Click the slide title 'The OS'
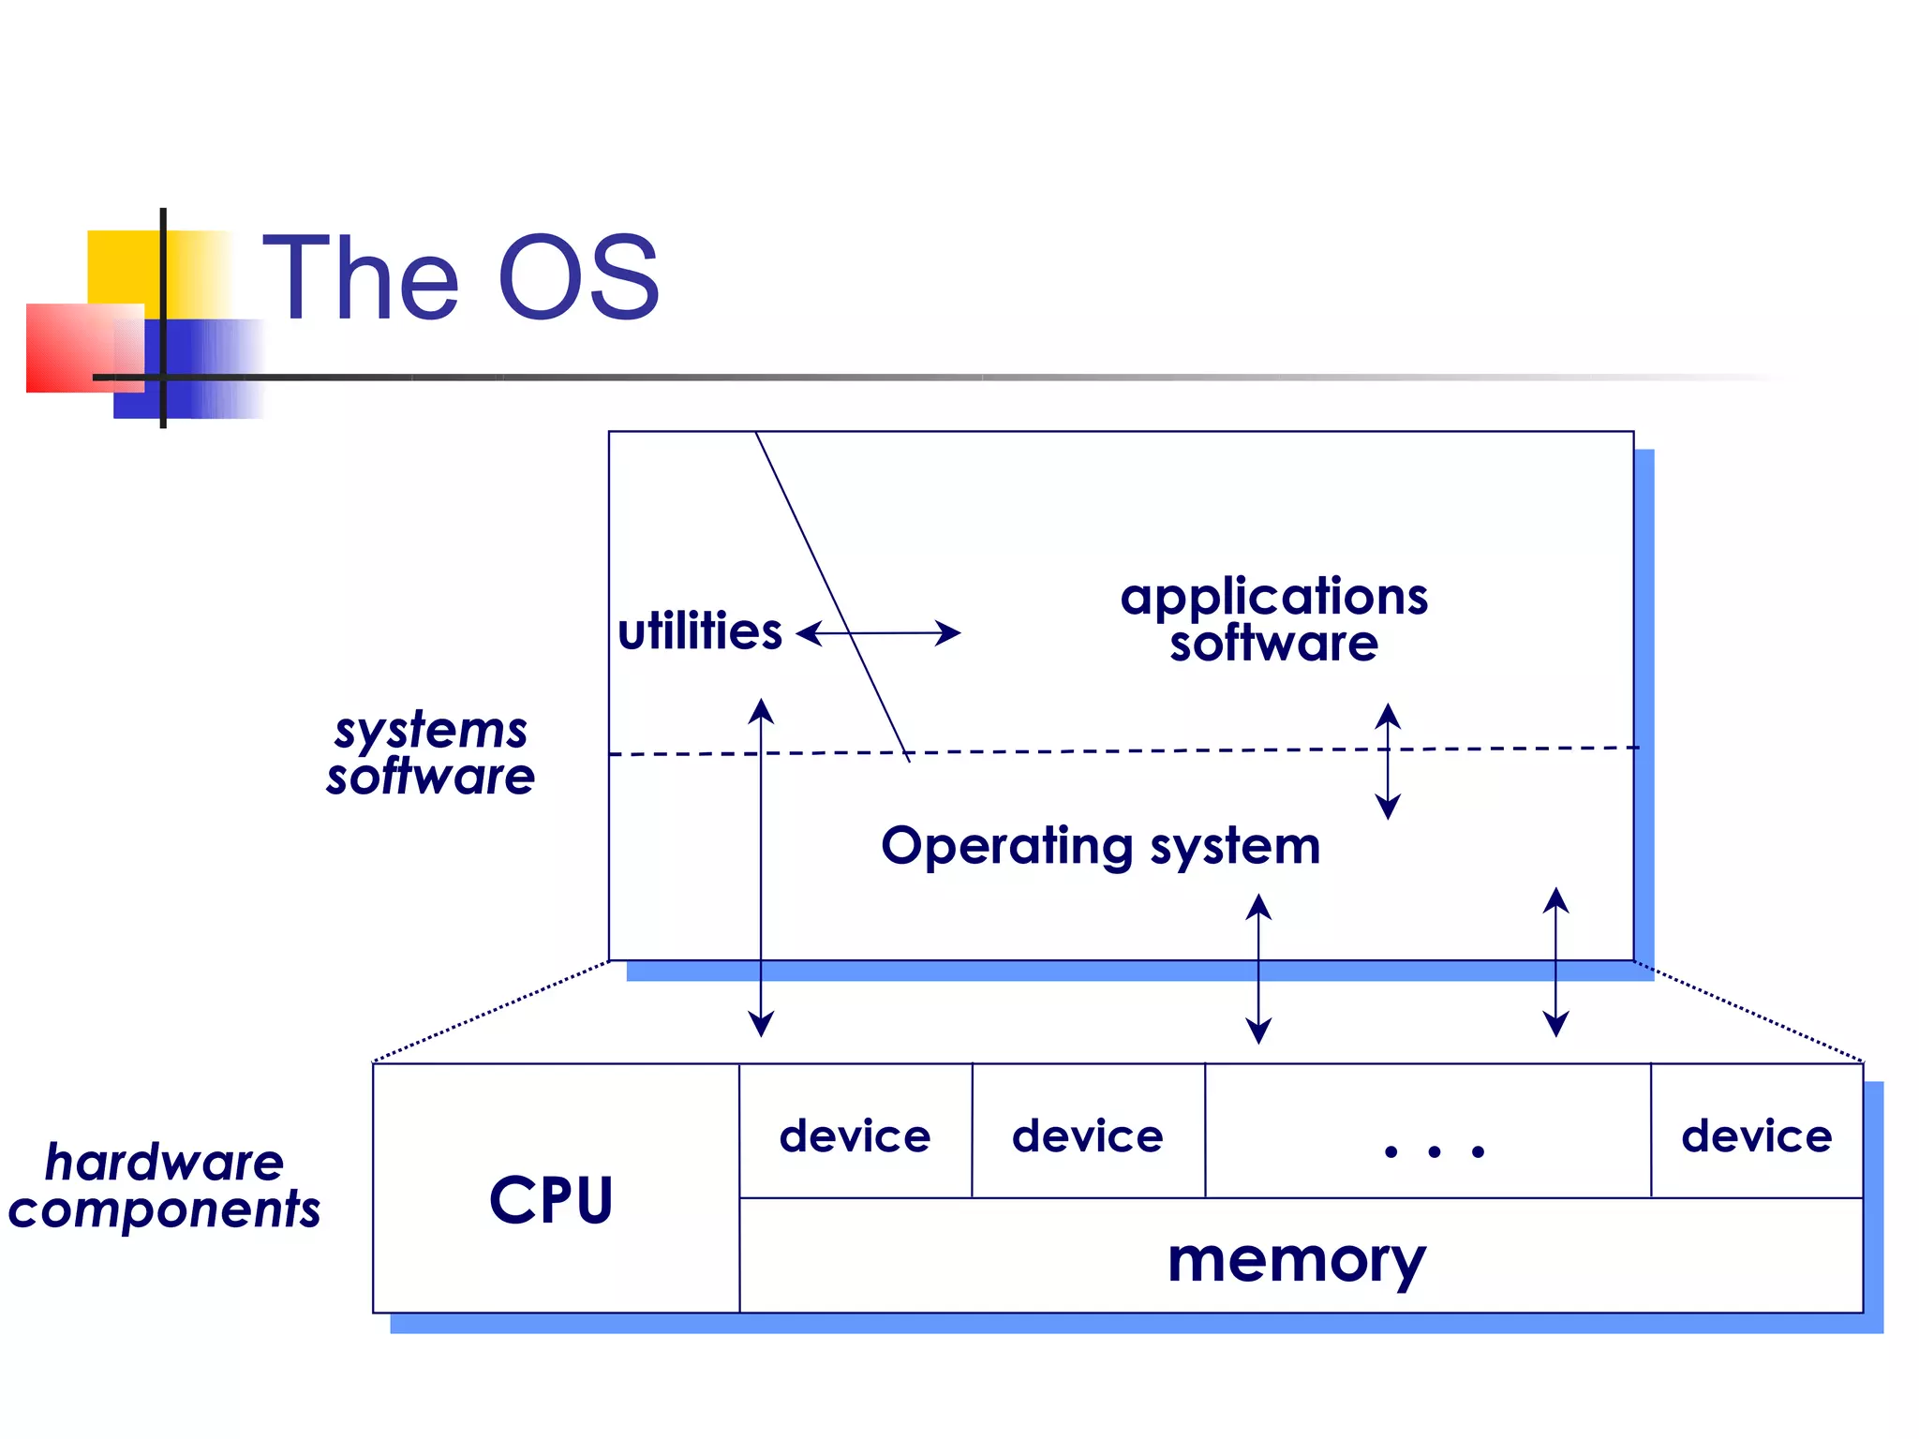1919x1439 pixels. click(x=461, y=277)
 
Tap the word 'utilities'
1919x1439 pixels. click(x=700, y=631)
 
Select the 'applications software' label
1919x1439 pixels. click(x=1273, y=619)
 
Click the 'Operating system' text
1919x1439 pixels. click(x=1101, y=846)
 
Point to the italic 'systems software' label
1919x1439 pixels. click(x=431, y=753)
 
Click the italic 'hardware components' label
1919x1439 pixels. click(x=165, y=1185)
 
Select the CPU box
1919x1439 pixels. click(x=553, y=1198)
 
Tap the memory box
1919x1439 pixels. click(x=1298, y=1260)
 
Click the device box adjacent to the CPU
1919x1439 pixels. click(x=855, y=1135)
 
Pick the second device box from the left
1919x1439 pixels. click(x=1088, y=1135)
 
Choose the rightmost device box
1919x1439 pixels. click(x=1757, y=1135)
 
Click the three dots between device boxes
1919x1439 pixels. click(x=1434, y=1151)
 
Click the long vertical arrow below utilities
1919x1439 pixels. click(x=761, y=867)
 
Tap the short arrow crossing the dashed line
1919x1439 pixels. click(x=1388, y=761)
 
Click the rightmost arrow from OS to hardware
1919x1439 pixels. click(x=1555, y=962)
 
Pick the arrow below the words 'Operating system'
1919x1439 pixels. click(x=1258, y=968)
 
